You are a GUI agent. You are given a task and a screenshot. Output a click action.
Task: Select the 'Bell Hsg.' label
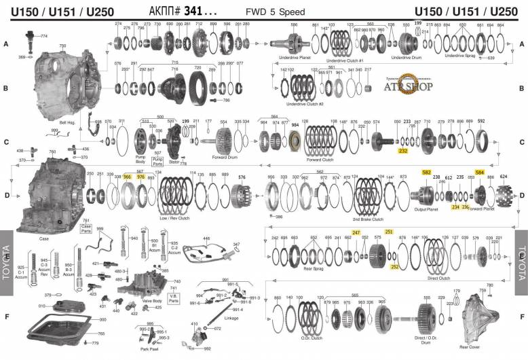[68, 122]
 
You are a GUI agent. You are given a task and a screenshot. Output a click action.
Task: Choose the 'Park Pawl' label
[149, 350]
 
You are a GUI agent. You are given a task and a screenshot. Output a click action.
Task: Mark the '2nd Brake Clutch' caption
[367, 219]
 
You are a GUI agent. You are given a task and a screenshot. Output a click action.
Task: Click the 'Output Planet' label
[425, 209]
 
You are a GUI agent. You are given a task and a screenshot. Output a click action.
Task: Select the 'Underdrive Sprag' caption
[459, 56]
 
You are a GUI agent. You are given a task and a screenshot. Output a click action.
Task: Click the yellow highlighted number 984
[295, 125]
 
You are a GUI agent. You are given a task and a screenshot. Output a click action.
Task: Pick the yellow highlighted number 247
[356, 232]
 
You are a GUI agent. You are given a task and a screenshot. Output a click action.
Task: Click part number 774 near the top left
[43, 35]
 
